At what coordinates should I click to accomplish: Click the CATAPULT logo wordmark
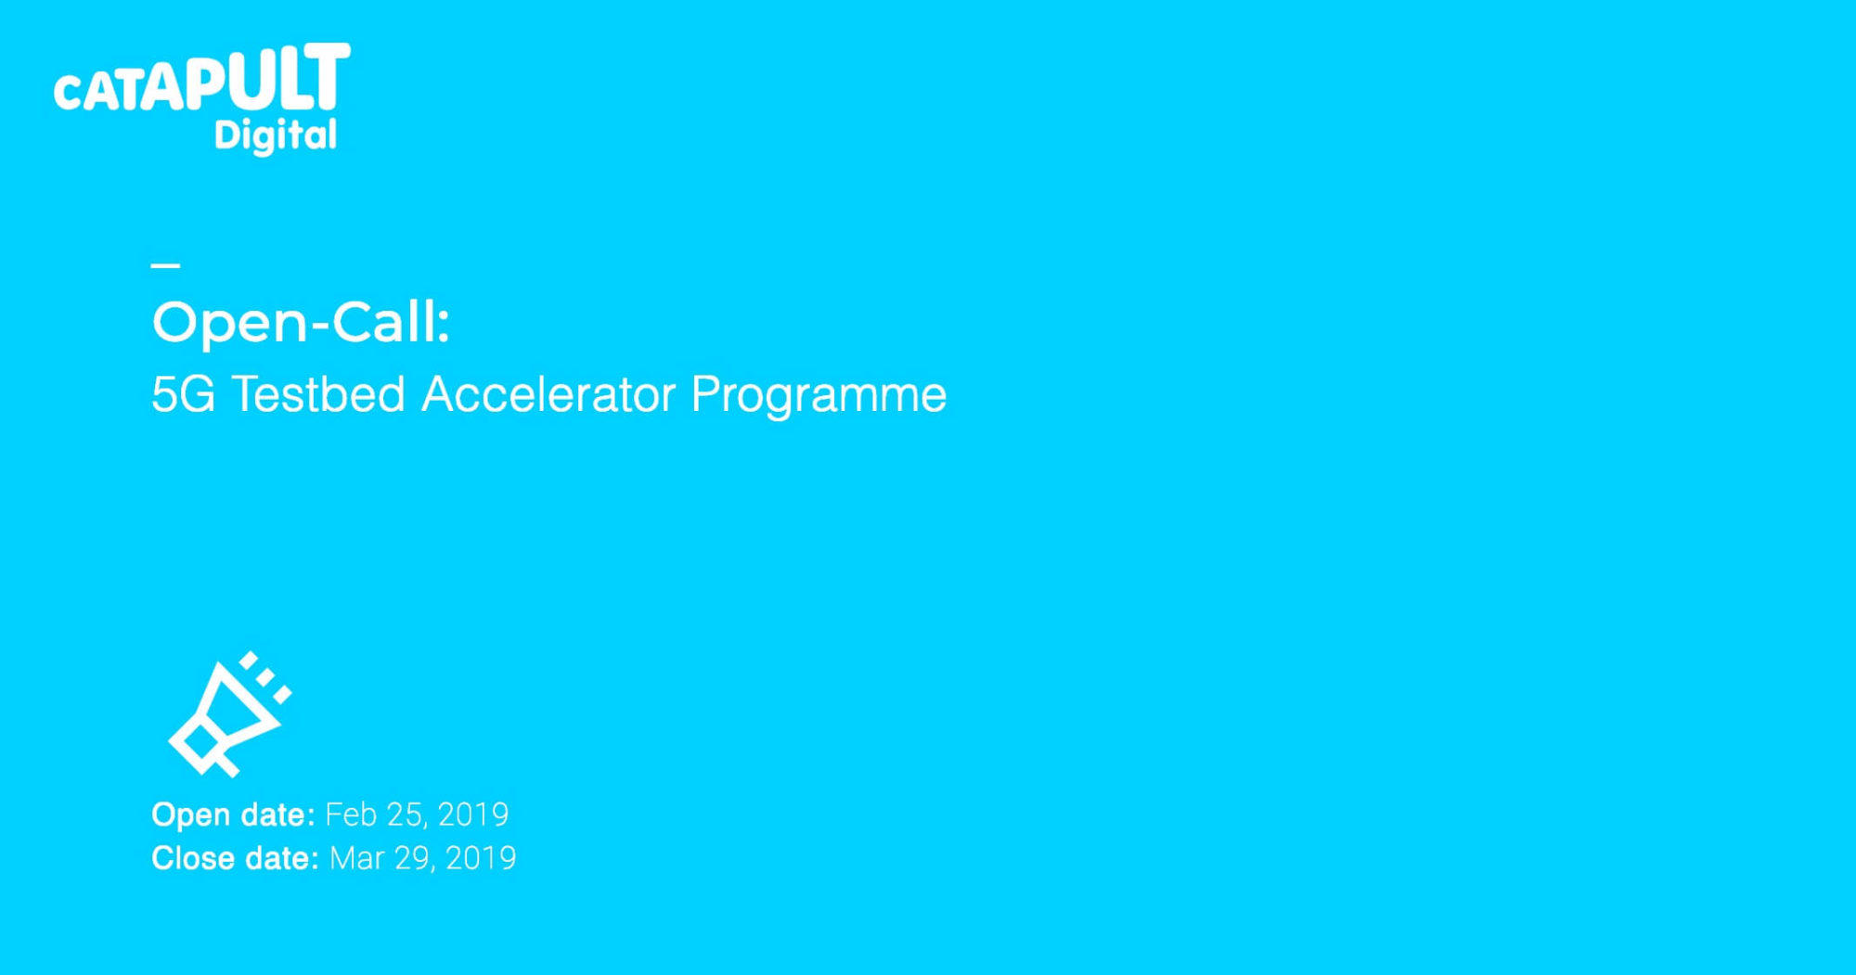pyautogui.click(x=202, y=78)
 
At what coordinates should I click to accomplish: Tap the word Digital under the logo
pyautogui.click(x=276, y=135)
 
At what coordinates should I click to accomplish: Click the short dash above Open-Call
pyautogui.click(x=165, y=265)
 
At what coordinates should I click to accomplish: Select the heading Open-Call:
pyautogui.click(x=301, y=323)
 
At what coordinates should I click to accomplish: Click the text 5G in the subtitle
pyautogui.click(x=183, y=394)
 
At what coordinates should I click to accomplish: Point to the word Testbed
pyautogui.click(x=318, y=393)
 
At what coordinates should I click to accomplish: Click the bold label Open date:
pyautogui.click(x=233, y=815)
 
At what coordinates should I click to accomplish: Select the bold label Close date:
pyautogui.click(x=235, y=858)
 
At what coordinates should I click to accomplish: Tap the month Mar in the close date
pyautogui.click(x=357, y=858)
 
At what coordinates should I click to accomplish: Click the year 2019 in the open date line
pyautogui.click(x=473, y=815)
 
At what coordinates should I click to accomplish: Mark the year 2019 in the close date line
pyautogui.click(x=481, y=858)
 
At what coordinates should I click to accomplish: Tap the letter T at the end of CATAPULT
pyautogui.click(x=329, y=75)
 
